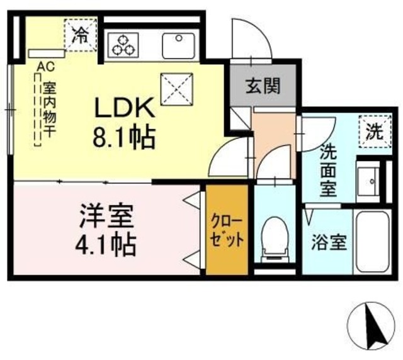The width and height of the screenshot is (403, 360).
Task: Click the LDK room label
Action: click(x=124, y=109)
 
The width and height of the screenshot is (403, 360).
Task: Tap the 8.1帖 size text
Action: click(x=124, y=138)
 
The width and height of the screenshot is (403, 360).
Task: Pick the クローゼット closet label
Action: click(x=226, y=232)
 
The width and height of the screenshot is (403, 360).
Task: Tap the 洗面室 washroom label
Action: click(x=327, y=171)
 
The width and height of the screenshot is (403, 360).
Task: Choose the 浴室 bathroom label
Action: click(x=329, y=242)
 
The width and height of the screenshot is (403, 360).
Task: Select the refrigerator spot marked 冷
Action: click(x=79, y=34)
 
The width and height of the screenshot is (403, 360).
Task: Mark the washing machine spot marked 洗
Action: click(x=373, y=132)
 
